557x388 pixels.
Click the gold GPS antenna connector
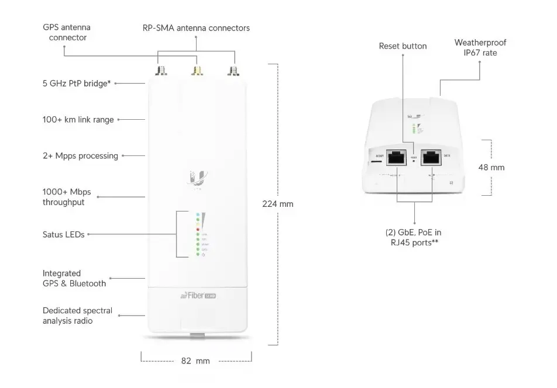(198, 71)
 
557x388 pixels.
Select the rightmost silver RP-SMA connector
(235, 71)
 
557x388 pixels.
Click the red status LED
(198, 229)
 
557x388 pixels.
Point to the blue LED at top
(198, 215)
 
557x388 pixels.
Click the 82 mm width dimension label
(195, 361)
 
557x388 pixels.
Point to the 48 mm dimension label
(491, 167)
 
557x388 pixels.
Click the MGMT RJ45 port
(398, 157)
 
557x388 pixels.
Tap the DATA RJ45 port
(432, 157)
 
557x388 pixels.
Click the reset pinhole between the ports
(415, 160)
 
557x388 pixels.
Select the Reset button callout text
(403, 46)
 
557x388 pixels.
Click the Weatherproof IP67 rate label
(480, 47)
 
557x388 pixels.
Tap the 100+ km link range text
(78, 120)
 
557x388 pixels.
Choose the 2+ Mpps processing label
(80, 156)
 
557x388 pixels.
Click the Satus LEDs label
(64, 234)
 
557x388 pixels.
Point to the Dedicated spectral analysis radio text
(77, 316)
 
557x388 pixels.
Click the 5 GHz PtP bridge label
(77, 83)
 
